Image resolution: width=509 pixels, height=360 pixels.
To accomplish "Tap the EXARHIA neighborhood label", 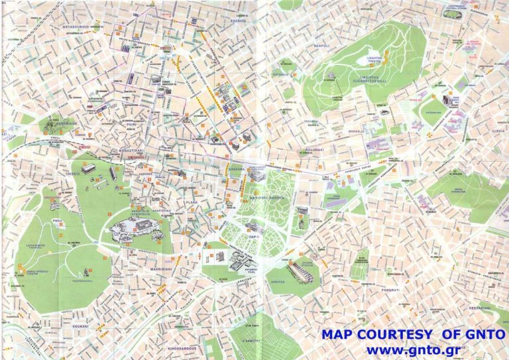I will (x=239, y=21).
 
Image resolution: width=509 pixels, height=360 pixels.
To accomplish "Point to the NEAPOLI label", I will (x=321, y=46).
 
